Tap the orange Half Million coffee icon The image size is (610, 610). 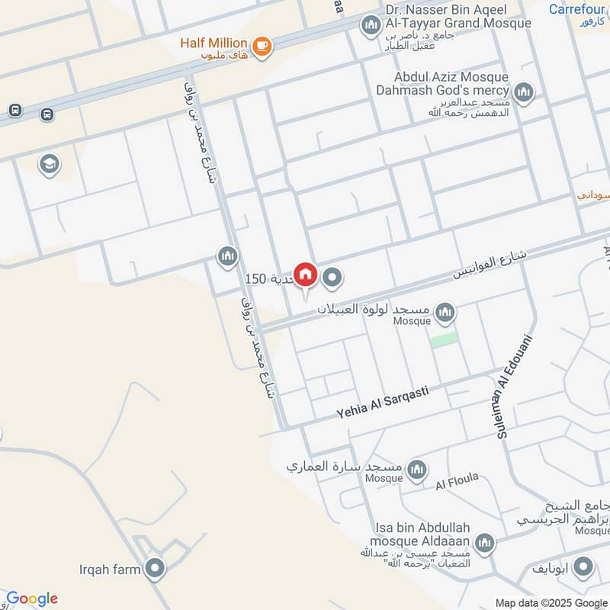(x=262, y=46)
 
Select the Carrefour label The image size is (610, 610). (x=576, y=9)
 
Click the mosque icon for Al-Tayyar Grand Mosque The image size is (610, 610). (x=371, y=26)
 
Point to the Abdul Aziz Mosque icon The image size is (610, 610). (x=523, y=94)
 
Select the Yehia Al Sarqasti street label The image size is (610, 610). (x=382, y=402)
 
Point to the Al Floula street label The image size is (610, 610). (x=457, y=481)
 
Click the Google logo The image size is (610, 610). (x=32, y=599)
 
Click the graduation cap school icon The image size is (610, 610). (x=50, y=165)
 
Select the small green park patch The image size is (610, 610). (x=444, y=340)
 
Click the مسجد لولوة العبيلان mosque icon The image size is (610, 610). (x=445, y=313)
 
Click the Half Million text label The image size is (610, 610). (x=213, y=43)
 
